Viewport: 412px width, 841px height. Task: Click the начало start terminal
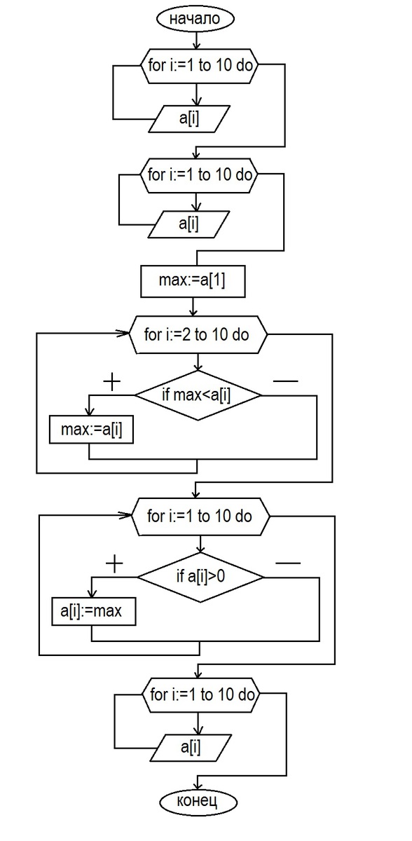(195, 19)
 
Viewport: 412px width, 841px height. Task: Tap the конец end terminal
(198, 802)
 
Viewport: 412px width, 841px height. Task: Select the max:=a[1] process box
(193, 281)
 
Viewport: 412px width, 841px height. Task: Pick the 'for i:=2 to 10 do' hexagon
(198, 334)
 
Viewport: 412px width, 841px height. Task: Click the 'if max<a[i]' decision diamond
(198, 395)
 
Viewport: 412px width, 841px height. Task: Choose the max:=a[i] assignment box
(91, 430)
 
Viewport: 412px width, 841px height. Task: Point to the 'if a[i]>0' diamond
(200, 577)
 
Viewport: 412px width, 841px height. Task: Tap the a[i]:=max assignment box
(93, 612)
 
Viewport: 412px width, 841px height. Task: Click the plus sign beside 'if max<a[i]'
(112, 381)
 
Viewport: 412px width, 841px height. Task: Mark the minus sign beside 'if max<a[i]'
(286, 381)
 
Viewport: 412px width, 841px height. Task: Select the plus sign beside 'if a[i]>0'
(114, 563)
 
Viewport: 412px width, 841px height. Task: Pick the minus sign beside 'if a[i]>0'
(288, 563)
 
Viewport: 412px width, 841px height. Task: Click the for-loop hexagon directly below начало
(200, 65)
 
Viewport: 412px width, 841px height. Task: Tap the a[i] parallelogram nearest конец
(191, 747)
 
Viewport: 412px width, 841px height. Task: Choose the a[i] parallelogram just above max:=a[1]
(188, 224)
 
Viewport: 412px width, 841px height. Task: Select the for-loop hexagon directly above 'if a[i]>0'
(200, 517)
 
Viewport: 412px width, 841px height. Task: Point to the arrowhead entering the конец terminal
(198, 786)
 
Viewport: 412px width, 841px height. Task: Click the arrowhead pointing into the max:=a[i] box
(89, 411)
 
